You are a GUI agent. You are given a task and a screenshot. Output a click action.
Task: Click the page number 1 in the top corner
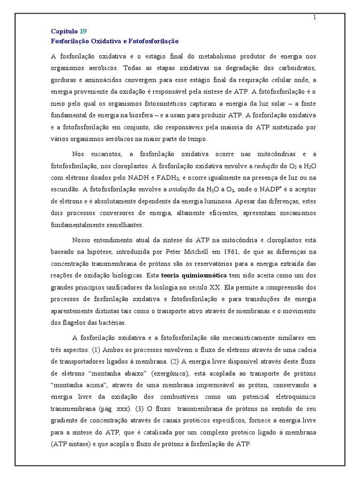315,18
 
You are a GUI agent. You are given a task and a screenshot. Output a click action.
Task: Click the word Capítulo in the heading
64,31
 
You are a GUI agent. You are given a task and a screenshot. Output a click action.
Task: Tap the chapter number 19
83,31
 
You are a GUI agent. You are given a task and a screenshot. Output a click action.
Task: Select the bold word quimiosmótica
206,275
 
